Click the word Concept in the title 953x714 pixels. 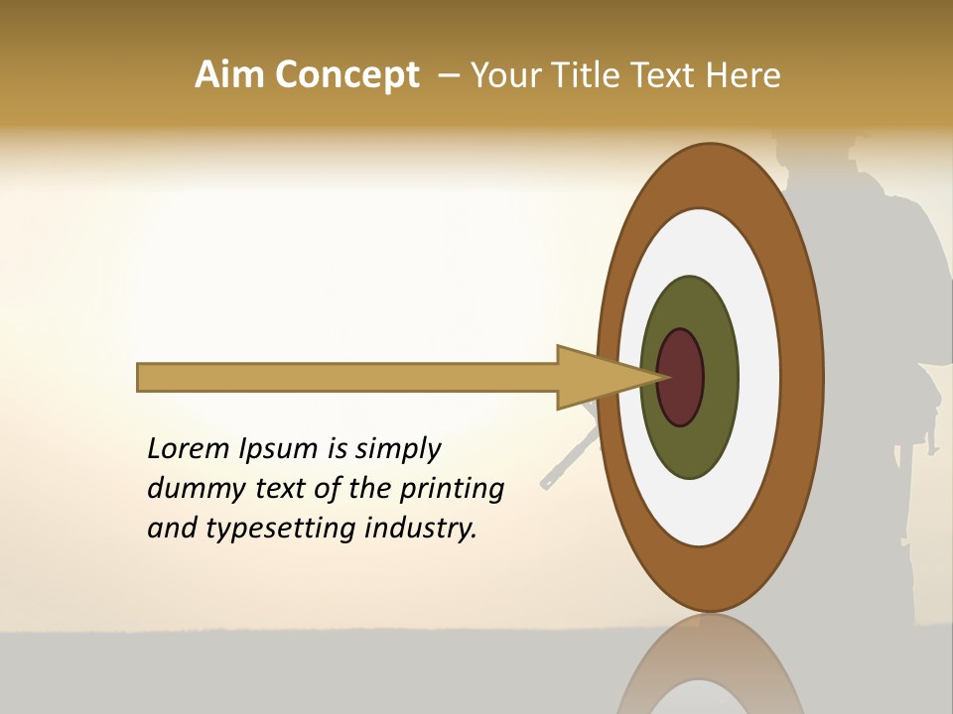[x=347, y=75]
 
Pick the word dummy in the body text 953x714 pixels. [x=191, y=489]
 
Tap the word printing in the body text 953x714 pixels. [x=452, y=489]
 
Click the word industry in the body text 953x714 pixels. [x=420, y=529]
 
